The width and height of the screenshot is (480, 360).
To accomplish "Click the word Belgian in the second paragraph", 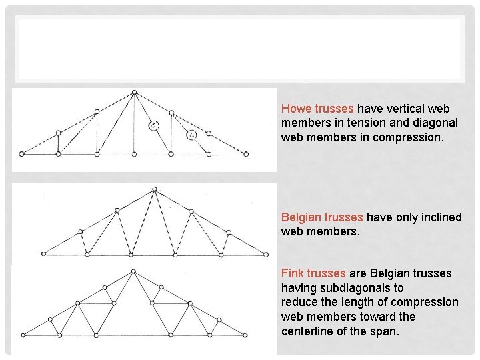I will coord(301,217).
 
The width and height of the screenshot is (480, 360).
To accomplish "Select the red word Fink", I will coord(293,273).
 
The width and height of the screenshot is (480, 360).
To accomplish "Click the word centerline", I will coord(308,331).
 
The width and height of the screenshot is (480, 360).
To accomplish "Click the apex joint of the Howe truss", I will coord(134,93).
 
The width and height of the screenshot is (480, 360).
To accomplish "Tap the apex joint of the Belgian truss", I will coord(154,189).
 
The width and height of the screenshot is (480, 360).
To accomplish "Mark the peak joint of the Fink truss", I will coord(133,271).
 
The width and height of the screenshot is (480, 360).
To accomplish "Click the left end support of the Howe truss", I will coord(21,154).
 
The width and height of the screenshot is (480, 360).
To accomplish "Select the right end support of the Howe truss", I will coord(246,154).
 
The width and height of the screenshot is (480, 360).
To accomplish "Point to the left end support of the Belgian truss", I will coord(43,254).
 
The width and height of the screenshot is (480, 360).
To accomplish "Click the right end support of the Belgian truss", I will coord(265,254).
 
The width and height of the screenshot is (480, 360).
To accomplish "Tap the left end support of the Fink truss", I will coord(21,335).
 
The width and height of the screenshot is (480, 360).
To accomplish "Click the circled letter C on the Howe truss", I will coord(154,125).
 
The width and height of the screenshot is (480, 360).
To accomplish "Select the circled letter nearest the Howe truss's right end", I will coord(191,135).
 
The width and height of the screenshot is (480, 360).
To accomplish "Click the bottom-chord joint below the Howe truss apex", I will coord(134,154).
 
